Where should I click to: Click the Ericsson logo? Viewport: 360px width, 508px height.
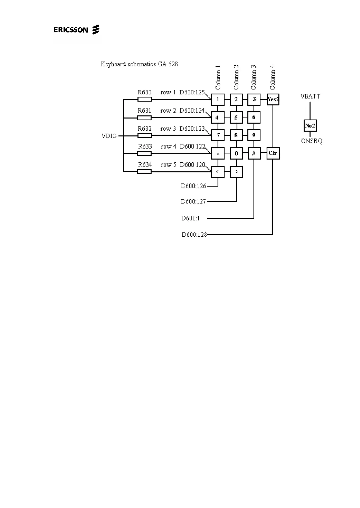77,30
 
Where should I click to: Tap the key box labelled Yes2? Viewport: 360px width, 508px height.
273,99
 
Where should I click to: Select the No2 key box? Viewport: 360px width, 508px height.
310,126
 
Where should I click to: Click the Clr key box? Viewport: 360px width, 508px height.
273,153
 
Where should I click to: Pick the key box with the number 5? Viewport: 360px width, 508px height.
236,117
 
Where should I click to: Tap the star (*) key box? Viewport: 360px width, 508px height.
218,153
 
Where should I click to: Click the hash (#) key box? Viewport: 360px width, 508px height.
254,153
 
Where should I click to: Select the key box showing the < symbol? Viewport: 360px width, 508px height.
218,172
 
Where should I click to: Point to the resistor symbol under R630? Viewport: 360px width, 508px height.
145,100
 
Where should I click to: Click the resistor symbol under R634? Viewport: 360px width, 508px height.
145,172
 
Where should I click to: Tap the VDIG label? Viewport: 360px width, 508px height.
109,136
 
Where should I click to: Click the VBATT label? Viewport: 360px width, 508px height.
310,97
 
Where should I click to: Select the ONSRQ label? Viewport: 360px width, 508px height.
312,141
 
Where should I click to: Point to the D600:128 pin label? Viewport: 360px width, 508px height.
194,235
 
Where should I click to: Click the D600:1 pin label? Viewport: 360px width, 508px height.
191,218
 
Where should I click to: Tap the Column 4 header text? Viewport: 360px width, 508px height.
273,78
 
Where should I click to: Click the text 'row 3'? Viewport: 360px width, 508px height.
168,129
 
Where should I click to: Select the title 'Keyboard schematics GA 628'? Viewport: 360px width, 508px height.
139,64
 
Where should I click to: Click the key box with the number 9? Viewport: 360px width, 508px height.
254,135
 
